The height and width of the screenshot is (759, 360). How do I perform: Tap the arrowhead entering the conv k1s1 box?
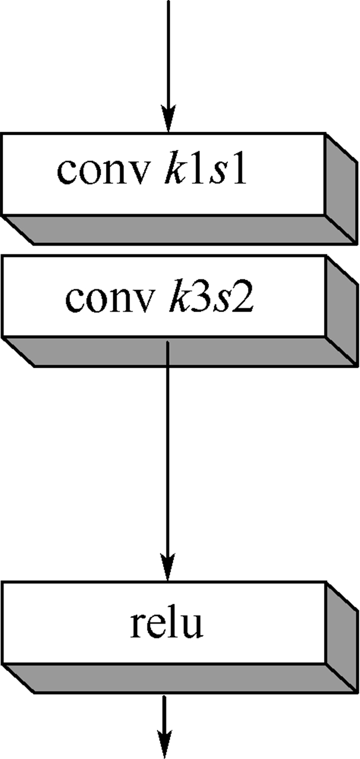pyautogui.click(x=169, y=119)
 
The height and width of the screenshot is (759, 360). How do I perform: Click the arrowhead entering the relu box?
pyautogui.click(x=168, y=567)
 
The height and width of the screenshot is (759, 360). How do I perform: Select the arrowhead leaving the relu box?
pyautogui.click(x=165, y=744)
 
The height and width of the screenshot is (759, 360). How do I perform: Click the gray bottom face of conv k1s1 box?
pyautogui.click(x=179, y=229)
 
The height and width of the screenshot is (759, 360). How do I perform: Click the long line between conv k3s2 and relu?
pyautogui.click(x=168, y=447)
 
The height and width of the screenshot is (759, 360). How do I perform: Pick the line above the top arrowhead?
pyautogui.click(x=169, y=52)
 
